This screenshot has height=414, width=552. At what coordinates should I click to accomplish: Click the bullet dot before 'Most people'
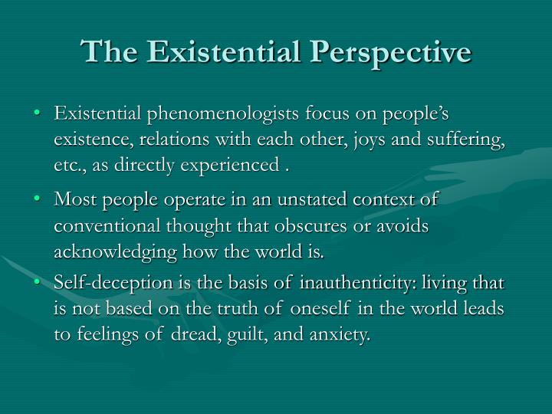[x=39, y=199]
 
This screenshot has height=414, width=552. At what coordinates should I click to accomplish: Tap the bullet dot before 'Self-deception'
[x=39, y=283]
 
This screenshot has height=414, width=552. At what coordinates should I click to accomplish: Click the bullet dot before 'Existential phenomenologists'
[x=39, y=114]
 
